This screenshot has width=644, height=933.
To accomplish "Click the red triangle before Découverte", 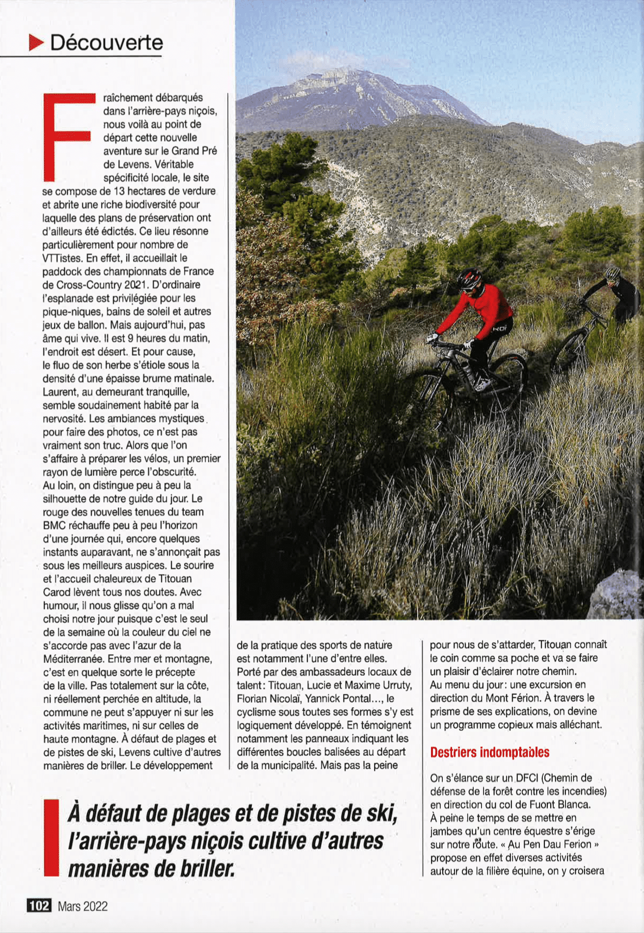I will [x=36, y=43].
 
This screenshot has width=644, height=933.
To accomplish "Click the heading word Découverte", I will [x=107, y=43].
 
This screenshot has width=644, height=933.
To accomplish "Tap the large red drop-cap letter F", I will [x=68, y=137].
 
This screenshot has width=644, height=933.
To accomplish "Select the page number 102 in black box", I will [x=39, y=906].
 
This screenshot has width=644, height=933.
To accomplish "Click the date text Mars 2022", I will [x=82, y=906].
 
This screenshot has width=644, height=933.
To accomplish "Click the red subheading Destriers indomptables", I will [x=489, y=752].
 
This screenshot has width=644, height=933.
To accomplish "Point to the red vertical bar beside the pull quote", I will [x=51, y=838].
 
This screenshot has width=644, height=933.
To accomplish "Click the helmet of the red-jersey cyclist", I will [x=469, y=278].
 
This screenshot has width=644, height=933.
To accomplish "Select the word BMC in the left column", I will [x=54, y=525].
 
